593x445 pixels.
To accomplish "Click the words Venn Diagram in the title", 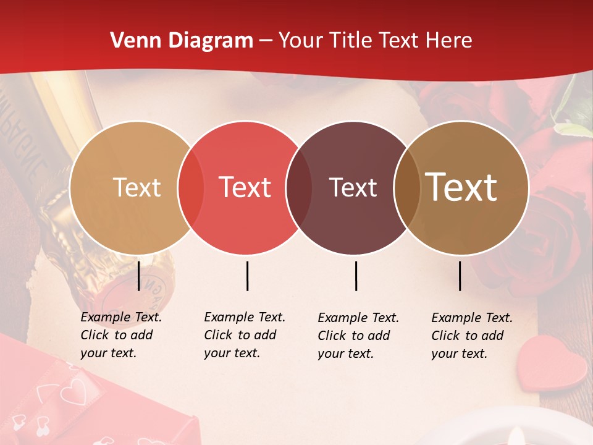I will pyautogui.click(x=182, y=41).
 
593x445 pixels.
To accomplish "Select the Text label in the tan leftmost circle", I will pyautogui.click(x=137, y=187).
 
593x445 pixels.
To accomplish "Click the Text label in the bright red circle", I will pyautogui.click(x=245, y=187).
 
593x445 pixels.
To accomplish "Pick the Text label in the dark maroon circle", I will pyautogui.click(x=353, y=187).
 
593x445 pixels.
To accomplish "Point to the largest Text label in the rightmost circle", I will pyautogui.click(x=461, y=187).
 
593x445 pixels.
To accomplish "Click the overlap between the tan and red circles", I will pyautogui.click(x=191, y=187).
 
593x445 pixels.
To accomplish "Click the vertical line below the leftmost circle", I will pyautogui.click(x=139, y=276).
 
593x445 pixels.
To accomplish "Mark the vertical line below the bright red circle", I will pyautogui.click(x=247, y=276).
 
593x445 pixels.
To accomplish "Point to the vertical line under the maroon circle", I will pyautogui.click(x=356, y=276).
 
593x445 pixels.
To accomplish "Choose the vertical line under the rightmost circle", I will pyautogui.click(x=460, y=276).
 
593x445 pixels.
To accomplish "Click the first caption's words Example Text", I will pyautogui.click(x=121, y=317).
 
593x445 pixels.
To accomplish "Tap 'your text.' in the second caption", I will pyautogui.click(x=232, y=353).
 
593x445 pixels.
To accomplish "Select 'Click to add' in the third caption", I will pyautogui.click(x=354, y=336).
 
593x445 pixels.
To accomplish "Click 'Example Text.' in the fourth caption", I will pyautogui.click(x=472, y=318).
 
